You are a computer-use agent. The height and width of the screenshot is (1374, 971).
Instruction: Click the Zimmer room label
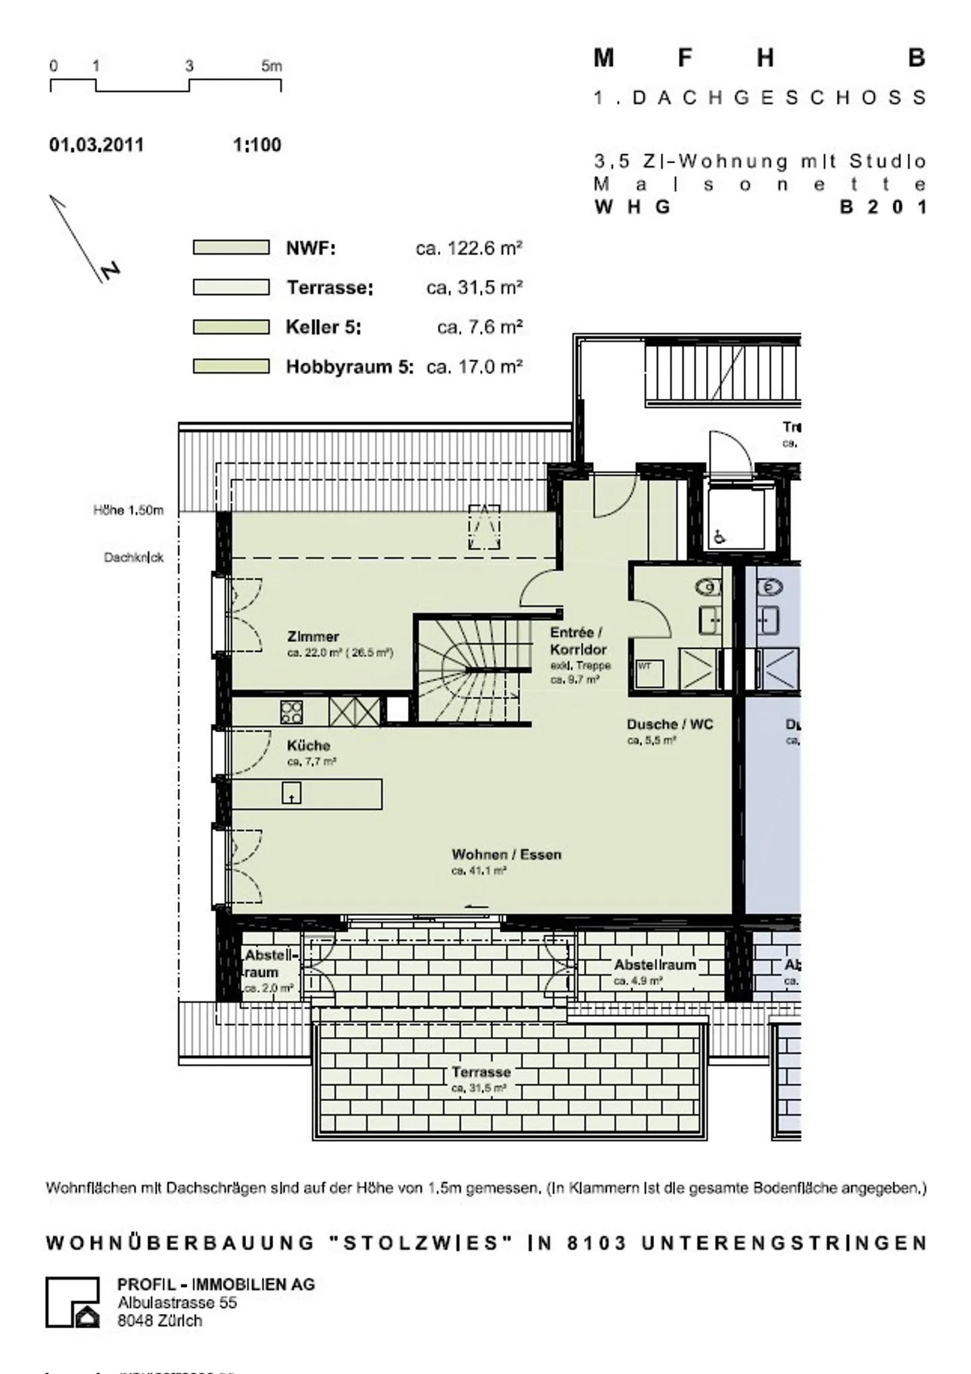(x=313, y=636)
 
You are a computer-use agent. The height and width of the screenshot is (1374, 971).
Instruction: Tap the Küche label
(x=308, y=746)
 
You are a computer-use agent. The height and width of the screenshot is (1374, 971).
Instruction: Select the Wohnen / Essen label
(x=506, y=855)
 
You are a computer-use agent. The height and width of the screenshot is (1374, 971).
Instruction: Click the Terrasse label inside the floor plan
(x=481, y=1072)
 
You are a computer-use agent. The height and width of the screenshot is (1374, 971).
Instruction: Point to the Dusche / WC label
(x=670, y=725)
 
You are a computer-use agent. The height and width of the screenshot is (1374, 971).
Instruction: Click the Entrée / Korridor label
(x=578, y=641)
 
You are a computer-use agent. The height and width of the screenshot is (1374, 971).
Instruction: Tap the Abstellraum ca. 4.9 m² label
(x=654, y=965)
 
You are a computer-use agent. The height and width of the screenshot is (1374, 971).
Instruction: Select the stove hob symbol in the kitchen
(x=291, y=712)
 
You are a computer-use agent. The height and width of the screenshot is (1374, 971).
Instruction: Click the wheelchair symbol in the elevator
(x=719, y=537)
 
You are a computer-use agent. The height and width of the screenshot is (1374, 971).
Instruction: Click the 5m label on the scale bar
(x=272, y=66)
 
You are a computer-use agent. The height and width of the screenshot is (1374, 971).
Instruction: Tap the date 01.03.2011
(x=96, y=145)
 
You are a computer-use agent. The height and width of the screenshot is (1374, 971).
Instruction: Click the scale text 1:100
(x=257, y=145)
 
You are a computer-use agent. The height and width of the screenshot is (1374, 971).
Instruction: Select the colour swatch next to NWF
(x=231, y=247)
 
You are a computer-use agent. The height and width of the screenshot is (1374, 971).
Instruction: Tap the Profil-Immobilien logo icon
(x=73, y=1302)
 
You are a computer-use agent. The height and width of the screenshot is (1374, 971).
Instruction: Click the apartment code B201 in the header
(x=883, y=207)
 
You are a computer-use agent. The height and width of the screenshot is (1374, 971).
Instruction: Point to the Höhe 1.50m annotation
(x=128, y=510)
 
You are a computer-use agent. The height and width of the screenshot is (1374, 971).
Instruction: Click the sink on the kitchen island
(x=291, y=793)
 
